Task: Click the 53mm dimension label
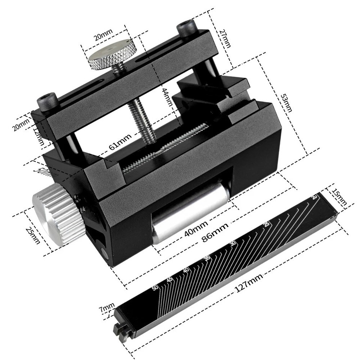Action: [x=287, y=102]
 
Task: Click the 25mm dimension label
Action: [x=33, y=235]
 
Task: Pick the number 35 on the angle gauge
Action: [x=206, y=259]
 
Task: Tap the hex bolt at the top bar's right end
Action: [x=187, y=29]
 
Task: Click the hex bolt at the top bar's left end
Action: [x=48, y=102]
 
